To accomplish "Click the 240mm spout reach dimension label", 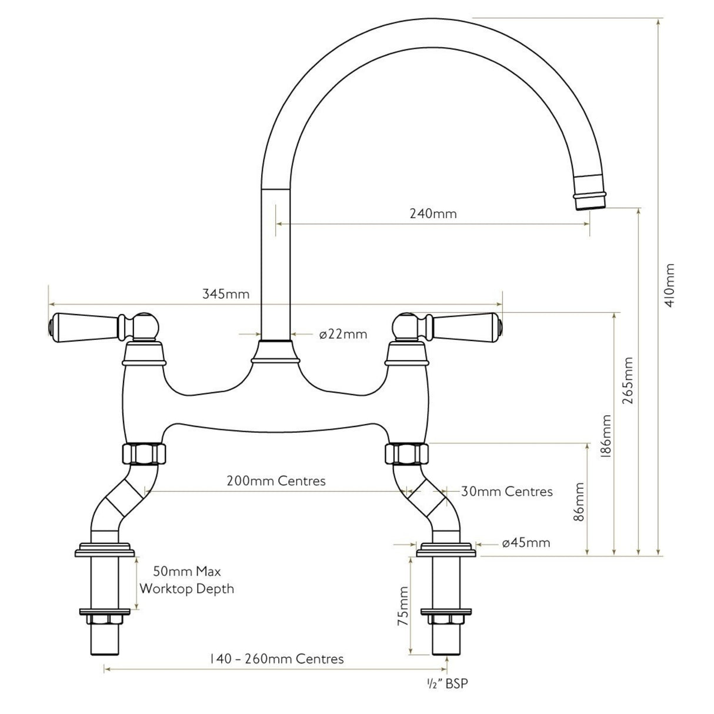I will (x=433, y=213).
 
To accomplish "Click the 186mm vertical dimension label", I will (x=606, y=436).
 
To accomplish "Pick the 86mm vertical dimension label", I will (x=579, y=502).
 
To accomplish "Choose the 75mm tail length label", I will (x=403, y=606).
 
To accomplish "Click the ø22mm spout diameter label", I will (x=343, y=335).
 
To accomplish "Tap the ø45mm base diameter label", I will (x=526, y=542).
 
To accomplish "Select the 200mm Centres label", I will (x=276, y=481).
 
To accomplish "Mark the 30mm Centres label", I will (x=506, y=491).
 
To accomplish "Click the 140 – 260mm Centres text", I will (x=276, y=659).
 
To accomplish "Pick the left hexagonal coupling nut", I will (x=144, y=454).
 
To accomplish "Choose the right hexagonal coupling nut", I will (x=406, y=454).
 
